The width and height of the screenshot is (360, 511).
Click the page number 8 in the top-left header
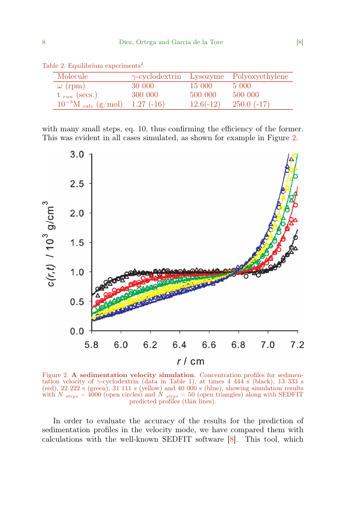pyautogui.click(x=44, y=42)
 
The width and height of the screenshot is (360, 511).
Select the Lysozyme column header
pyautogui.click(x=207, y=77)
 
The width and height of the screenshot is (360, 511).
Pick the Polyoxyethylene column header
pyautogui.click(x=260, y=77)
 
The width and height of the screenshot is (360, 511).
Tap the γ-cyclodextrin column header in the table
pyautogui.click(x=156, y=77)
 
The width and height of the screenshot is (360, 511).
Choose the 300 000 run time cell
pyautogui.click(x=144, y=95)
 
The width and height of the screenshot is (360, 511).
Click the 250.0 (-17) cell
pyautogui.click(x=251, y=105)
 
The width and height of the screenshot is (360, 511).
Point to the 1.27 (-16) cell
pyautogui.click(x=148, y=105)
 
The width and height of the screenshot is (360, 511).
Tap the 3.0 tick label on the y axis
pyautogui.click(x=77, y=155)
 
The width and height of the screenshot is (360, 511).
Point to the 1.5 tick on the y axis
pyautogui.click(x=77, y=243)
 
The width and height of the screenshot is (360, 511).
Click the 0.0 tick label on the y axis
pyautogui.click(x=77, y=331)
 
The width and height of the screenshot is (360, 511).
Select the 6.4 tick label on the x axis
pyautogui.click(x=180, y=345)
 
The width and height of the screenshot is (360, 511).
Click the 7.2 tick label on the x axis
pyautogui.click(x=297, y=345)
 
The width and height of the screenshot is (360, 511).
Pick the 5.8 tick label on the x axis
pyautogui.click(x=92, y=345)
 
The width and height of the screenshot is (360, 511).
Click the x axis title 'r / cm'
pyautogui.click(x=190, y=361)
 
